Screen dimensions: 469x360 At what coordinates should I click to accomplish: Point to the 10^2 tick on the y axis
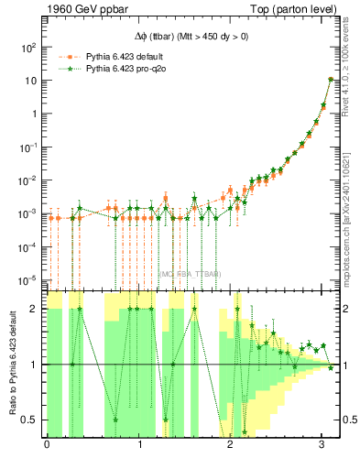point(28,47)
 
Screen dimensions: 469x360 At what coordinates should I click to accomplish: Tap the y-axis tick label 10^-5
point(28,279)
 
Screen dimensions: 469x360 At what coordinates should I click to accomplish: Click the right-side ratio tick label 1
point(348,365)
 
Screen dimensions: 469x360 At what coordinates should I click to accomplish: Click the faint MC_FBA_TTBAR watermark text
point(190,273)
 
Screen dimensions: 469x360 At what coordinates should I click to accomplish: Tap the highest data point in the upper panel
point(330,80)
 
